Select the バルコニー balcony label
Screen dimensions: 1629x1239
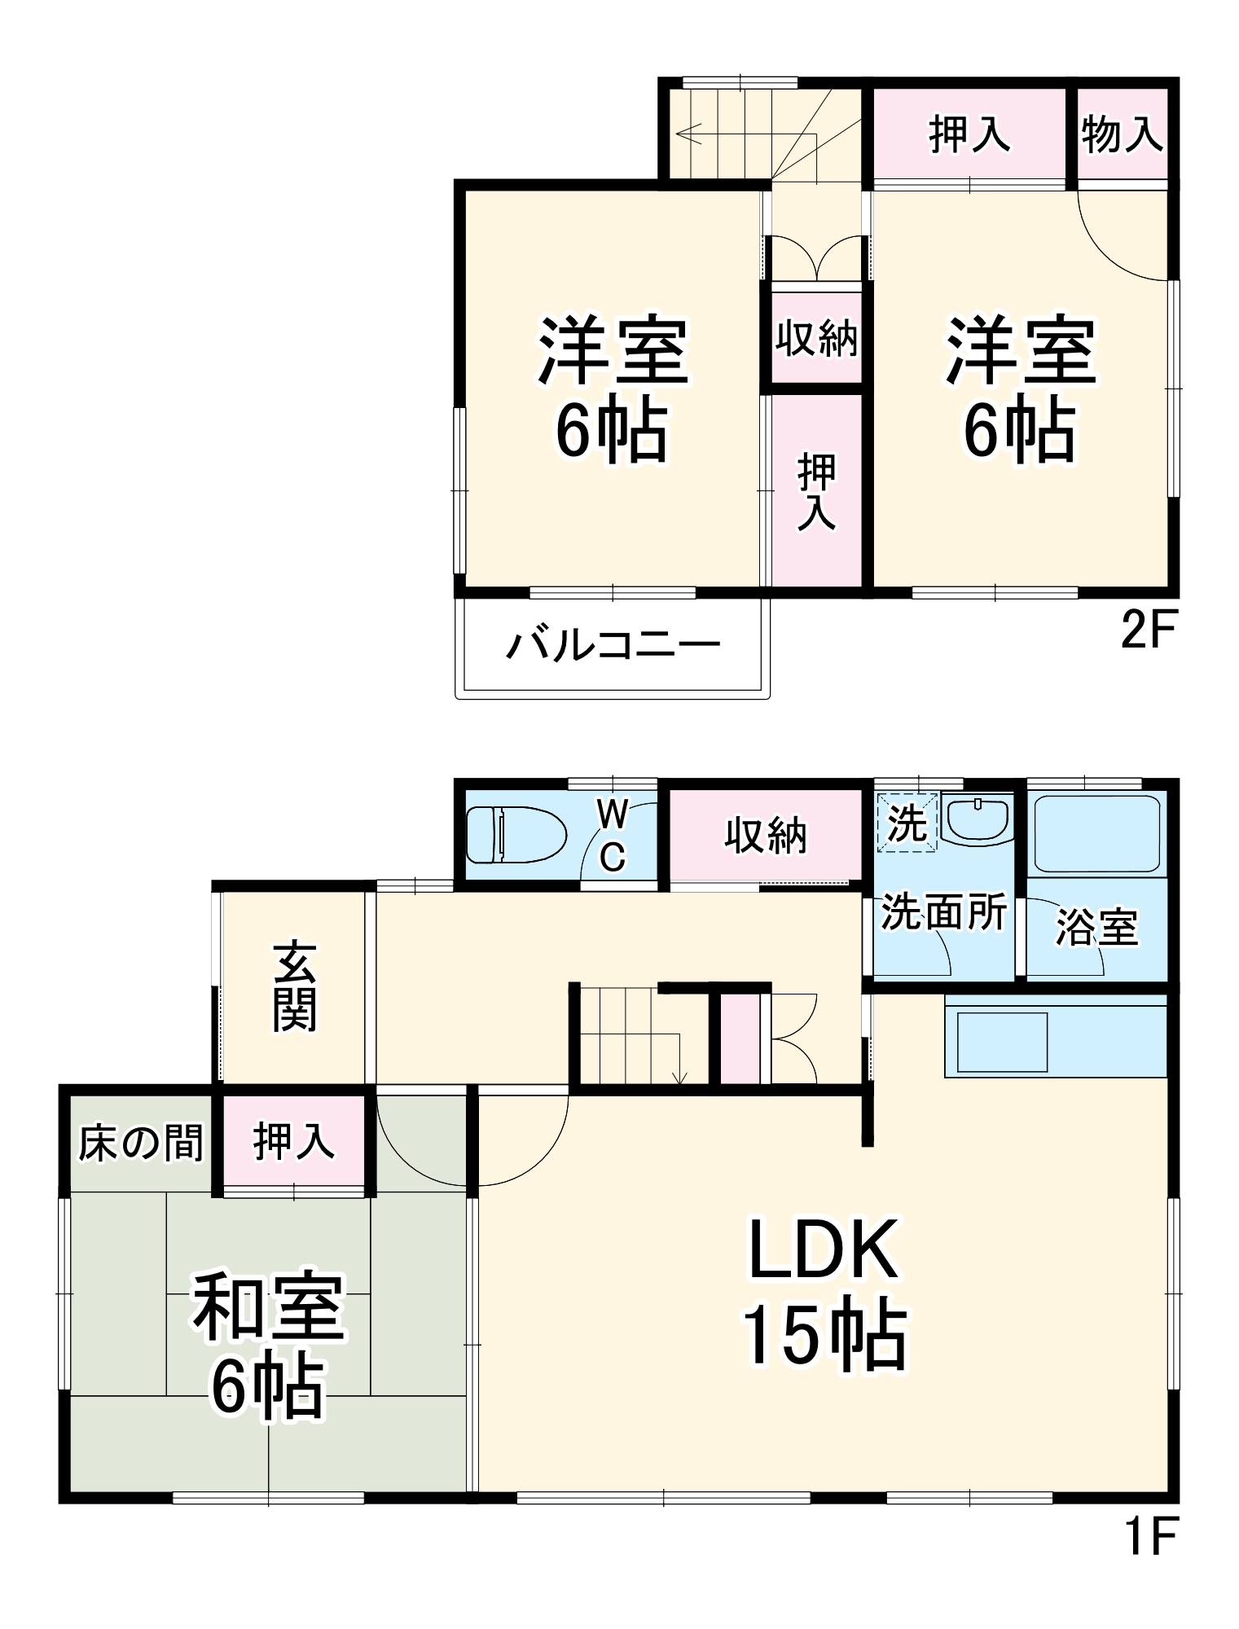[613, 646]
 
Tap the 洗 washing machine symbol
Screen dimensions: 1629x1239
[907, 823]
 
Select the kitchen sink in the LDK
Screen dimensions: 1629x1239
[1002, 1042]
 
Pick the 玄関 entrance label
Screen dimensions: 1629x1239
[294, 987]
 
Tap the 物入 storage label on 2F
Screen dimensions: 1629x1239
[1122, 134]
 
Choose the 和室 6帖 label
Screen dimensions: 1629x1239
[268, 1343]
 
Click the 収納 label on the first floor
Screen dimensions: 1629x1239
[766, 836]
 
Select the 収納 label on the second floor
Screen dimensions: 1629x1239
[816, 338]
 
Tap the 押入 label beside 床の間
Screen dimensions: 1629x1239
[293, 1142]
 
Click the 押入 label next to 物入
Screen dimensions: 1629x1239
[969, 134]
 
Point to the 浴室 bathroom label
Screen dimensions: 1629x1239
[1096, 928]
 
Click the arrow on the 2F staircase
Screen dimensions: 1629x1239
[688, 133]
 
